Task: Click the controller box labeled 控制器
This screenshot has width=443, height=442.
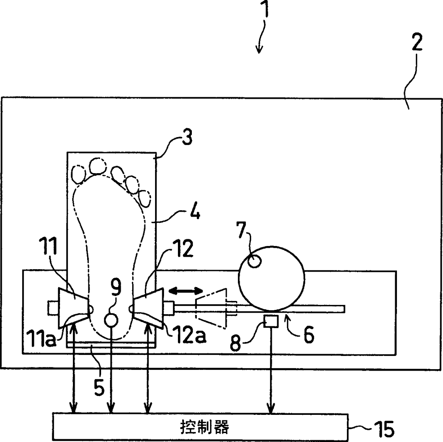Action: tap(200, 427)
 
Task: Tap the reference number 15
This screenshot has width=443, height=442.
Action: tap(383, 428)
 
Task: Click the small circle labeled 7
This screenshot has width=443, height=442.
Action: tap(254, 262)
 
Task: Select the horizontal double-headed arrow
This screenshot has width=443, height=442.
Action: tap(186, 291)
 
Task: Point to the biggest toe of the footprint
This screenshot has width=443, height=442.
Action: tap(97, 166)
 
